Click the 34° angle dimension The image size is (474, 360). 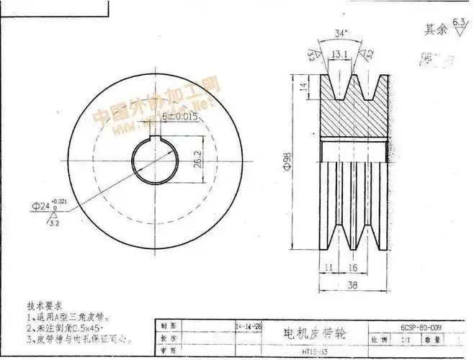(x=341, y=33)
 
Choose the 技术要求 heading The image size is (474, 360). (x=43, y=305)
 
